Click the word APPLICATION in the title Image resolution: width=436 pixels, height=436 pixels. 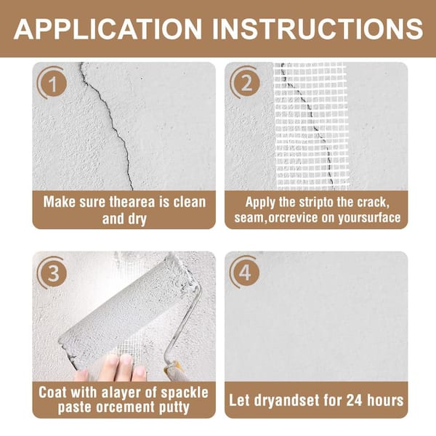coord(108,28)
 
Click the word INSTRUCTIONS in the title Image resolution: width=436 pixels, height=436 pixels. coord(318,28)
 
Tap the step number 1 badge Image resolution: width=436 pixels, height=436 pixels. coord(52,83)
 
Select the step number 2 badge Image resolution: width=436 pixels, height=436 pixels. coord(246,83)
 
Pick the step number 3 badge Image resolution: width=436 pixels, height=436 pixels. coord(53,273)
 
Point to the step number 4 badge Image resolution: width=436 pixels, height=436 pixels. coord(245,272)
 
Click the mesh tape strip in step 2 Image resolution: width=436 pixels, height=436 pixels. coord(312,126)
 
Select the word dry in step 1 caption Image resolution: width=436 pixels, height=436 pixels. coord(137,219)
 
